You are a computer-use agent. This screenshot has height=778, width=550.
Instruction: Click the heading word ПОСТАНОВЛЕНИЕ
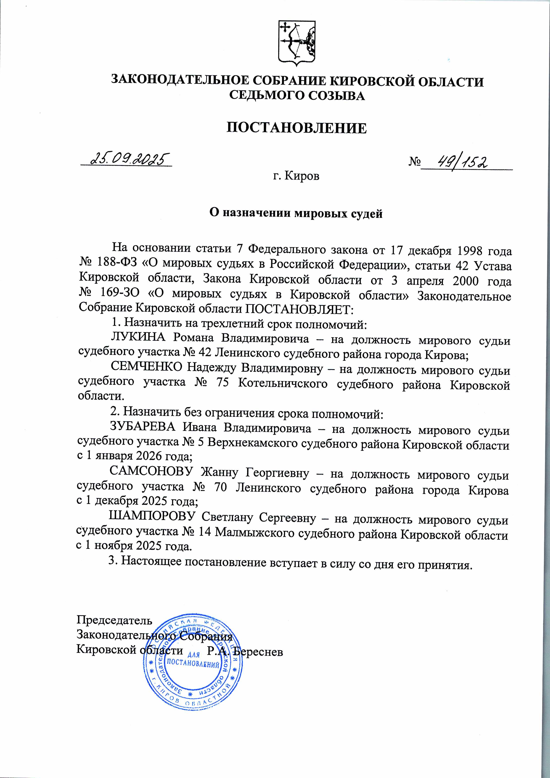(x=296, y=128)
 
